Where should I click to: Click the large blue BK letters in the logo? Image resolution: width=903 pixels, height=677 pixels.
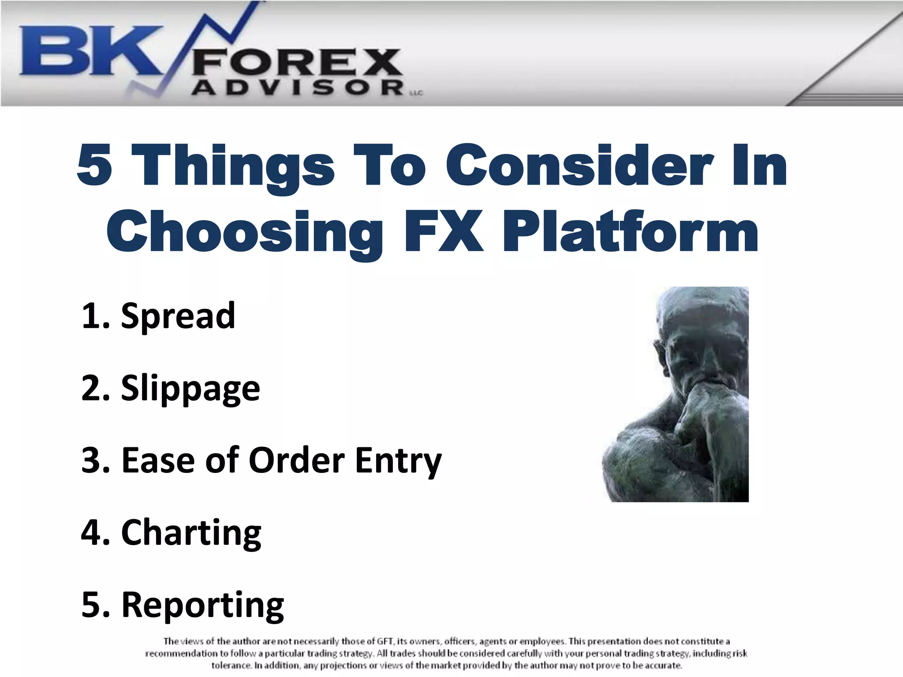click(88, 51)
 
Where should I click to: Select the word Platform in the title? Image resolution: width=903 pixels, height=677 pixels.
click(631, 231)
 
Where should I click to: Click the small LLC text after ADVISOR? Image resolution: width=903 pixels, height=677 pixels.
click(417, 93)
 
